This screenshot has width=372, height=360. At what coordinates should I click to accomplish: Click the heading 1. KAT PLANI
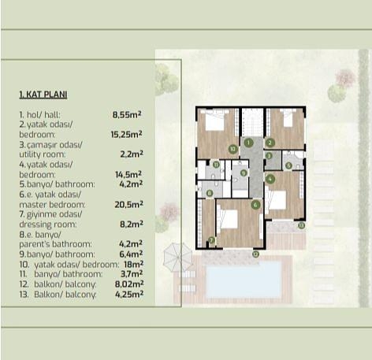point(43,94)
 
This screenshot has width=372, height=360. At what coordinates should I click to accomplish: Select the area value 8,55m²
point(127,114)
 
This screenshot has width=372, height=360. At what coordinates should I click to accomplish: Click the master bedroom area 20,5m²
point(128,204)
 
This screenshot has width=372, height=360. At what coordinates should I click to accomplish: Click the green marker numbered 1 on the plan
point(247,143)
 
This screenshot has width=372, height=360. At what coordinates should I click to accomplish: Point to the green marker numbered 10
point(232,148)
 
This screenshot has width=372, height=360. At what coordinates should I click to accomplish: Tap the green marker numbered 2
point(270,143)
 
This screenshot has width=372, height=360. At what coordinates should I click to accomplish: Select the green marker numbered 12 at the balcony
point(255,254)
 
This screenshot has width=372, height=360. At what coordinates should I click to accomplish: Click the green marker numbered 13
point(300,225)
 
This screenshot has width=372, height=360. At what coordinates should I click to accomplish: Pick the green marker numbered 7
point(210,239)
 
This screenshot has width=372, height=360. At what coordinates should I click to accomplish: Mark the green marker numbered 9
point(243,173)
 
